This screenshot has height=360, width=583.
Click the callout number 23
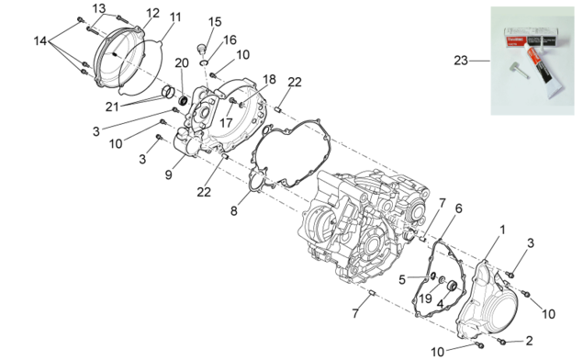(x=461, y=61)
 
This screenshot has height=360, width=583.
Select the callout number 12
(x=152, y=13)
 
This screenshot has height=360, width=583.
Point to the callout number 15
(x=215, y=22)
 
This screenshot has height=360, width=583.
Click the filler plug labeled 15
(x=201, y=48)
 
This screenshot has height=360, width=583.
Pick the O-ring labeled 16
(x=204, y=62)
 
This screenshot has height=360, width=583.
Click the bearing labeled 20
(x=183, y=100)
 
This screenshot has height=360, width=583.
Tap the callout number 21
(x=112, y=107)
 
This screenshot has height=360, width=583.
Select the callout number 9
(x=168, y=174)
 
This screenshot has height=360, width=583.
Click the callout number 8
(x=233, y=211)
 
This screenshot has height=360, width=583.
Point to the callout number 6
(x=459, y=208)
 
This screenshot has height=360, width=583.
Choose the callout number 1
(x=502, y=230)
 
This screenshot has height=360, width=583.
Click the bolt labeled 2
(x=501, y=340)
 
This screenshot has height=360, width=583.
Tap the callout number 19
(x=426, y=298)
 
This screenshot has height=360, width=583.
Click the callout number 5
(x=402, y=279)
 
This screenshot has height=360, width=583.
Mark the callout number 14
(x=40, y=40)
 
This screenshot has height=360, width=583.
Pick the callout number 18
(x=270, y=79)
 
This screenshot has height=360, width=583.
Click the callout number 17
(x=226, y=122)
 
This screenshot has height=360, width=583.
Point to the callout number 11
(x=175, y=17)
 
